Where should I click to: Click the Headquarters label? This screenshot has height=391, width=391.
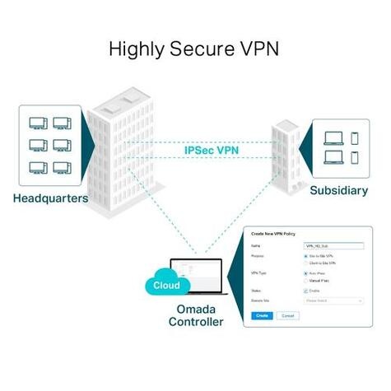click(x=50, y=198)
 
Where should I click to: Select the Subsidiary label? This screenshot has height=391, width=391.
click(x=339, y=190)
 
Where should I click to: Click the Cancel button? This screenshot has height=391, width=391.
click(x=287, y=315)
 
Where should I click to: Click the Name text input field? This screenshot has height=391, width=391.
click(x=333, y=245)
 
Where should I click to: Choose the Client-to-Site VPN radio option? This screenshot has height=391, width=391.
click(x=306, y=263)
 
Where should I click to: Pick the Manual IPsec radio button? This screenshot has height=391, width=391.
click(x=306, y=280)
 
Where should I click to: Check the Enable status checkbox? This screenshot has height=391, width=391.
click(x=306, y=291)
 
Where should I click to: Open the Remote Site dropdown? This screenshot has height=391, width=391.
click(x=333, y=301)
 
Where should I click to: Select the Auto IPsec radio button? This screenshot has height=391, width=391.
click(x=306, y=273)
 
